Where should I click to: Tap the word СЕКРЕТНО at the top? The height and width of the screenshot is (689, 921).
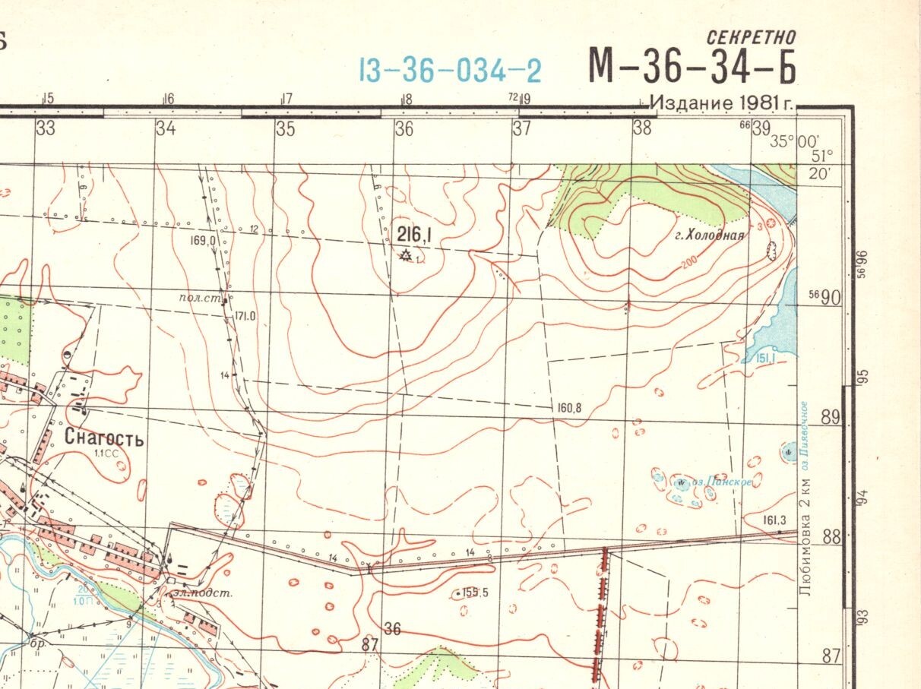click(751, 37)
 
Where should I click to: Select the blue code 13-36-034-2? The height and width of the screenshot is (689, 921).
click(450, 71)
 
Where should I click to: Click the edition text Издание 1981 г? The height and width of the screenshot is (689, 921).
click(721, 103)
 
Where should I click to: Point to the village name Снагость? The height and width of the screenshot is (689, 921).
click(104, 438)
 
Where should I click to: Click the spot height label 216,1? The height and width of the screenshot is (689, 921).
click(415, 236)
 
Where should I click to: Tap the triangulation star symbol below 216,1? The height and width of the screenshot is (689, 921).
click(406, 256)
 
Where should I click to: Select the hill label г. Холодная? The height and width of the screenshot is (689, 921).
click(710, 235)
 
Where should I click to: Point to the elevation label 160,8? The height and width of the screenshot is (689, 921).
click(568, 408)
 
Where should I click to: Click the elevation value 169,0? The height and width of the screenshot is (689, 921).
click(204, 241)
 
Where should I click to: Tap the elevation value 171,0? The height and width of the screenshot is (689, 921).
click(245, 316)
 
